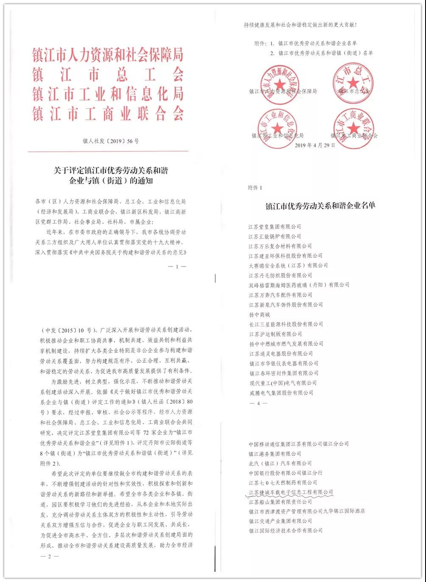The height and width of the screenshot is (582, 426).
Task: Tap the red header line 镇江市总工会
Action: click(108, 75)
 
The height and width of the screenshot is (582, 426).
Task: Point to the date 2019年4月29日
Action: click(314, 145)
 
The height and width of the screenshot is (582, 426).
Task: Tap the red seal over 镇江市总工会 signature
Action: click(353, 83)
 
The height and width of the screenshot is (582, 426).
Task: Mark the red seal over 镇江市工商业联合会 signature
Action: click(353, 128)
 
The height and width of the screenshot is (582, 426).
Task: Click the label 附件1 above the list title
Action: click(255, 187)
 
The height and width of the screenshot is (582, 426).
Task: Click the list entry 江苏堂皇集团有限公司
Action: click(275, 227)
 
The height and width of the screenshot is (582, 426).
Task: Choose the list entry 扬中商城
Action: click(259, 314)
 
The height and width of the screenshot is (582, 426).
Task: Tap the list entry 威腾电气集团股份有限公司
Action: click(281, 393)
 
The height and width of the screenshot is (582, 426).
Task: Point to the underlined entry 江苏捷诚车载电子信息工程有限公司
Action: click(291, 492)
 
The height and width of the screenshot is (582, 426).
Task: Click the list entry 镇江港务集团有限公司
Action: click(275, 453)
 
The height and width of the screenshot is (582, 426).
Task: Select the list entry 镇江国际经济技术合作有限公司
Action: click(286, 530)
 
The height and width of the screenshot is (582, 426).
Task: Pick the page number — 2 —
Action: click(50, 556)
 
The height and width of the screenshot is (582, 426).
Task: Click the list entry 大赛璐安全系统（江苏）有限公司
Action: click(288, 266)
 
